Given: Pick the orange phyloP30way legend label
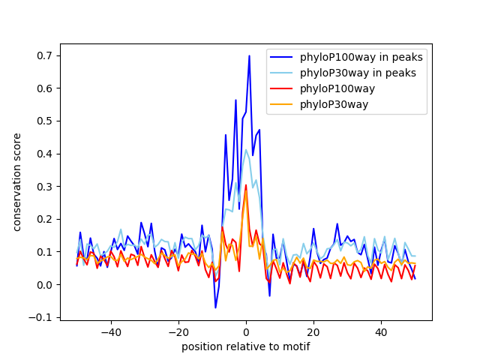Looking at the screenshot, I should tap(334, 104).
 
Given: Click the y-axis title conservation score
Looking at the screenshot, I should tap(17, 182).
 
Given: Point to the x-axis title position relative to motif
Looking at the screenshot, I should tap(245, 346).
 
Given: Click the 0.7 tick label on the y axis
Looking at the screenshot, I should tap(46, 56).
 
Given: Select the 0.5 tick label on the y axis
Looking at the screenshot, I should tap(46, 121).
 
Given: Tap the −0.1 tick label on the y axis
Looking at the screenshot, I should tap(43, 317).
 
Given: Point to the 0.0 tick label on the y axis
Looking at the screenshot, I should tap(46, 285).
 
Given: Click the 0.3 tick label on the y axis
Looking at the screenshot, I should tap(46, 187).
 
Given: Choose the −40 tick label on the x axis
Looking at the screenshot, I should tap(110, 331).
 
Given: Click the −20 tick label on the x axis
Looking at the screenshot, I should tap(178, 331).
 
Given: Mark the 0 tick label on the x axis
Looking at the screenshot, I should tap(246, 331).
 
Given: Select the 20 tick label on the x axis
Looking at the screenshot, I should tap(313, 331).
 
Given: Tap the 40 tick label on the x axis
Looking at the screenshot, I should tap(381, 331).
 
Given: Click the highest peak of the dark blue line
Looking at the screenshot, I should tap(249, 55).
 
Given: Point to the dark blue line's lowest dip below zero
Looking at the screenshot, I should tap(215, 307).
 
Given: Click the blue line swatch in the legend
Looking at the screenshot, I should tap(283, 57).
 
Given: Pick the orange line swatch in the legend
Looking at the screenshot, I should tap(283, 104).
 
